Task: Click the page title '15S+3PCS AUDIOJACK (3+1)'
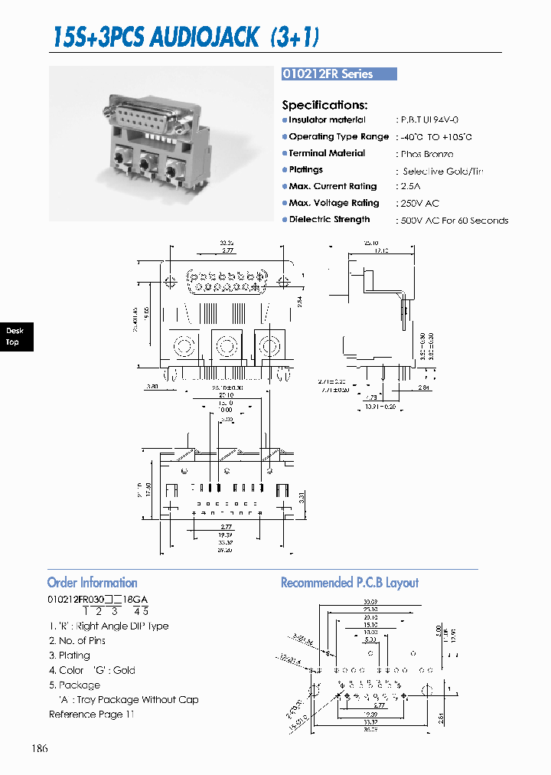coord(186,37)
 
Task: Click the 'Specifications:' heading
coord(324,105)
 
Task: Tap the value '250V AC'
coord(419,204)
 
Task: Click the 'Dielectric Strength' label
coord(329,220)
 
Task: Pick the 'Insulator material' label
coord(327,120)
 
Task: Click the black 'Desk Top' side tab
coord(15,336)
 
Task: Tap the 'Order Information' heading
coord(93,583)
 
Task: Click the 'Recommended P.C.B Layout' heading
coord(350,583)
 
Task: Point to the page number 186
coord(41,748)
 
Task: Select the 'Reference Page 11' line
coord(92,715)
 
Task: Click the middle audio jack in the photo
coord(149,163)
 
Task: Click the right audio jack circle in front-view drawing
coord(270,346)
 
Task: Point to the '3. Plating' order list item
coord(70,656)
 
